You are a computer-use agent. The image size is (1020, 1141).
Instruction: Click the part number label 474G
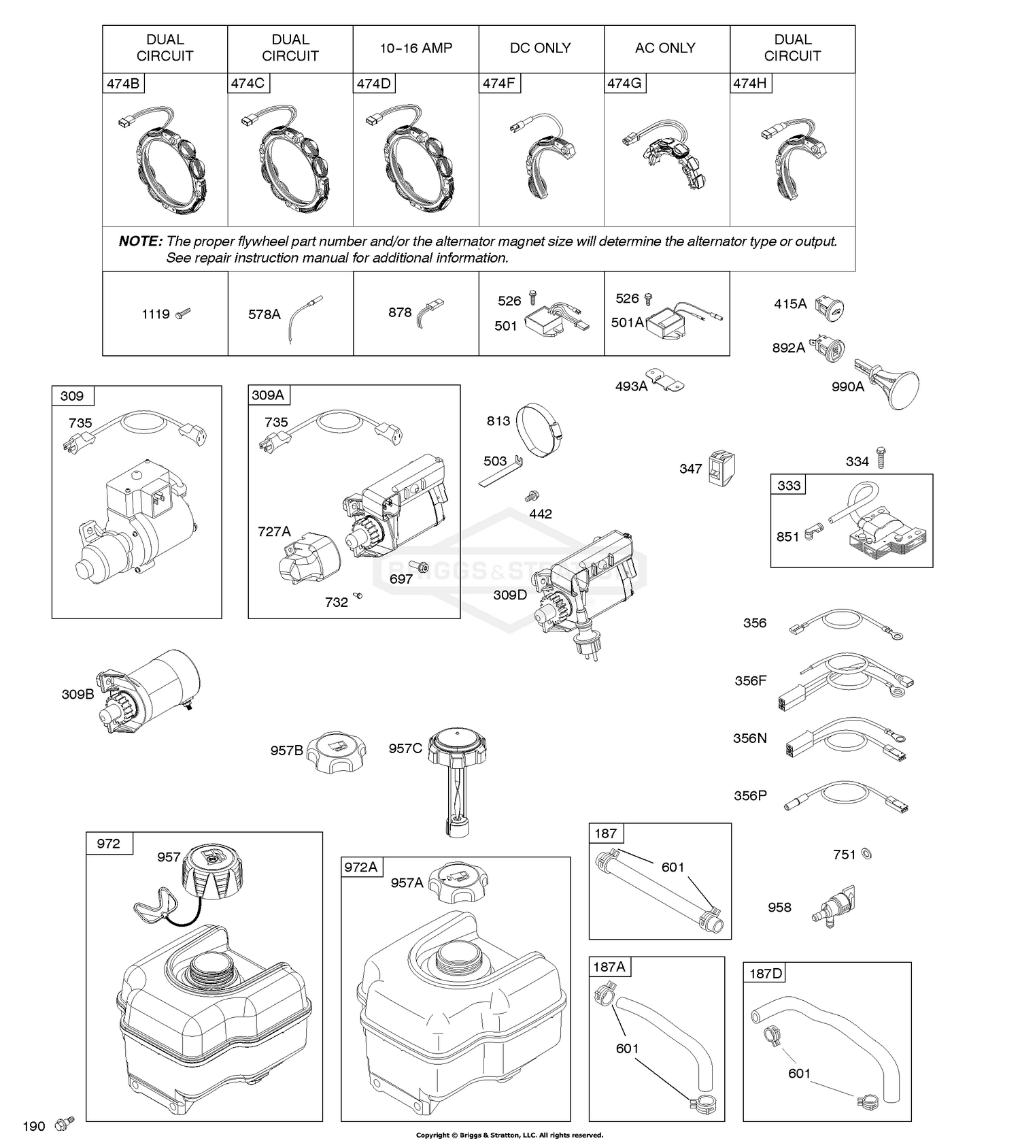pyautogui.click(x=624, y=84)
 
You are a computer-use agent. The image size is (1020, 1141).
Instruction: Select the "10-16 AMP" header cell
pyautogui.click(x=415, y=48)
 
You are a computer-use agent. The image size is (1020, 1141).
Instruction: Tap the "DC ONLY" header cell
pyautogui.click(x=541, y=48)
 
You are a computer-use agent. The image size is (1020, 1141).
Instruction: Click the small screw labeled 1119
pyautogui.click(x=183, y=314)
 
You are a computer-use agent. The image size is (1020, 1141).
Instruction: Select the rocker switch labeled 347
pyautogui.click(x=721, y=468)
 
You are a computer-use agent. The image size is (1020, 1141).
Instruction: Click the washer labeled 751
pyautogui.click(x=866, y=854)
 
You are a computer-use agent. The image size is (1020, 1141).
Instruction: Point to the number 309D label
pyautogui.click(x=510, y=595)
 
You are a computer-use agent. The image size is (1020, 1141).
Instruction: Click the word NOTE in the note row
pyautogui.click(x=141, y=242)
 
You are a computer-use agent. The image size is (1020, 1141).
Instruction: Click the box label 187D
pyautogui.click(x=766, y=974)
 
